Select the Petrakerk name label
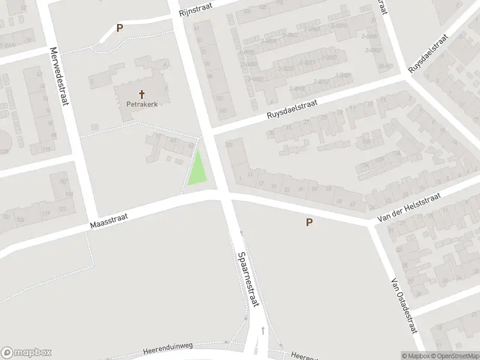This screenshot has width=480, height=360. click(x=142, y=104)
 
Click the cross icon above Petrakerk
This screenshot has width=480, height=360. click(x=142, y=94)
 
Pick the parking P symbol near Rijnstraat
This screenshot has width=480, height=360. click(x=119, y=28)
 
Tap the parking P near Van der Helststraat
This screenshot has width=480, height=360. click(x=310, y=223)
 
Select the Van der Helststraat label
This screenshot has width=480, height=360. click(x=409, y=209)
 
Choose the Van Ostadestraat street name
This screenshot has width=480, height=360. click(x=403, y=305)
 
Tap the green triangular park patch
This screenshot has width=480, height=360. click(x=199, y=170)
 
